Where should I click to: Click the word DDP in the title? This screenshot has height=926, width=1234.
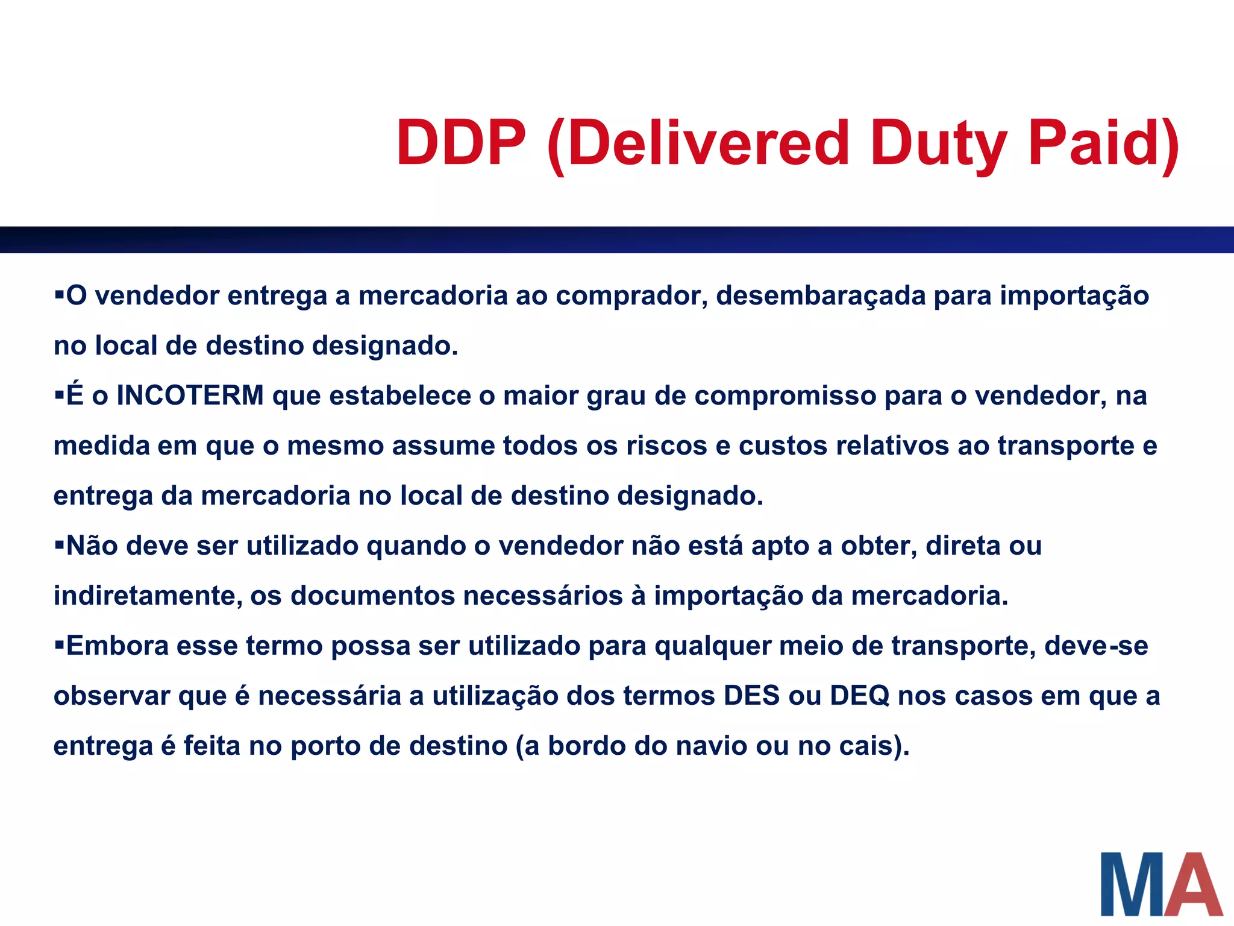[461, 143]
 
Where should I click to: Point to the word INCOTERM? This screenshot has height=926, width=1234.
[190, 396]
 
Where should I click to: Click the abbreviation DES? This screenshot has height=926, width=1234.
[752, 696]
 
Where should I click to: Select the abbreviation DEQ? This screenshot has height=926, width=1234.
[859, 696]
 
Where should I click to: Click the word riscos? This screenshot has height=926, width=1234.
[666, 446]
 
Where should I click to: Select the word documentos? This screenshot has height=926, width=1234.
[373, 596]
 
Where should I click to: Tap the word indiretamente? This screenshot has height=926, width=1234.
[148, 596]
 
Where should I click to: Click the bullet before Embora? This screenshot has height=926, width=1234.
[59, 645]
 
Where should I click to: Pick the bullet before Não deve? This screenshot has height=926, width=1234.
[59, 545]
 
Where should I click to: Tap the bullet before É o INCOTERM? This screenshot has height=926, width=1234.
[59, 395]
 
